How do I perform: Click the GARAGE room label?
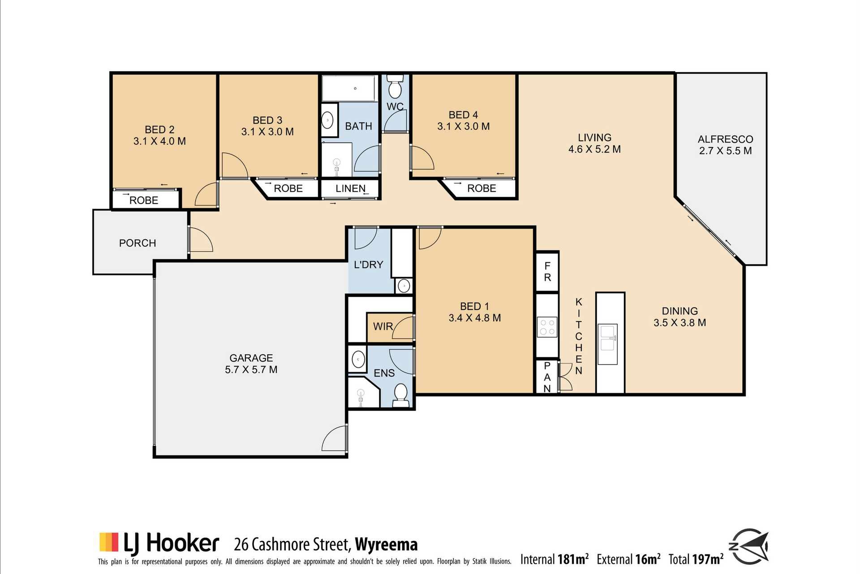tap(251, 358)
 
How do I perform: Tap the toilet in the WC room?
tap(395, 86)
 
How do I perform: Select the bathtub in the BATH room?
tap(349, 88)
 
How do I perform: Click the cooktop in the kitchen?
tap(547, 326)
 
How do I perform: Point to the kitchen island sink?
tap(608, 338)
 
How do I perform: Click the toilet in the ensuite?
tap(400, 395)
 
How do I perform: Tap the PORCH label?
tap(138, 243)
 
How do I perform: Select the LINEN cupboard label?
tap(350, 189)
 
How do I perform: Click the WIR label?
tap(383, 326)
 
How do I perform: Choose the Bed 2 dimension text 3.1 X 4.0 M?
tap(159, 141)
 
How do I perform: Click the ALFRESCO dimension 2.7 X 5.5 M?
tap(726, 151)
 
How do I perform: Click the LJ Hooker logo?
tap(159, 543)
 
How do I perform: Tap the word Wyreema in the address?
tap(386, 544)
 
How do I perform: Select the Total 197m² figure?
tap(696, 559)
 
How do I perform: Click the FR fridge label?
tap(547, 272)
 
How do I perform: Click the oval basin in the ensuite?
tap(358, 359)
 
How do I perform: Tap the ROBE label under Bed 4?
tap(482, 188)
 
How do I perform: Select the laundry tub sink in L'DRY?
tap(404, 286)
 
